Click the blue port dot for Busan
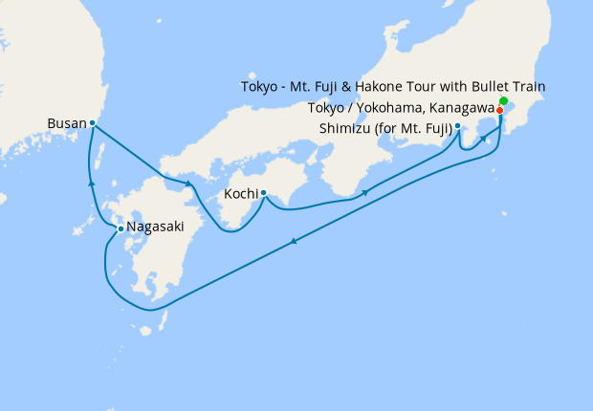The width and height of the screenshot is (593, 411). (92, 123)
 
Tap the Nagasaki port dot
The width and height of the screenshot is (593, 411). (121, 228)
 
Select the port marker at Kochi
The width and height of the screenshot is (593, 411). (263, 193)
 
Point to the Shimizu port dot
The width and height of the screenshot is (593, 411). (458, 126)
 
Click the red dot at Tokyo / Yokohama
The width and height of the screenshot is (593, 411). (499, 110)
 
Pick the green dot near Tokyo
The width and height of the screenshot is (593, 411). (503, 101)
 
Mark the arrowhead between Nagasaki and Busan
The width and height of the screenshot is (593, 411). (91, 182)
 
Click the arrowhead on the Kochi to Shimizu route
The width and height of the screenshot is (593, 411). (366, 194)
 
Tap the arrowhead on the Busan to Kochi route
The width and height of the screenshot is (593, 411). (188, 184)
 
